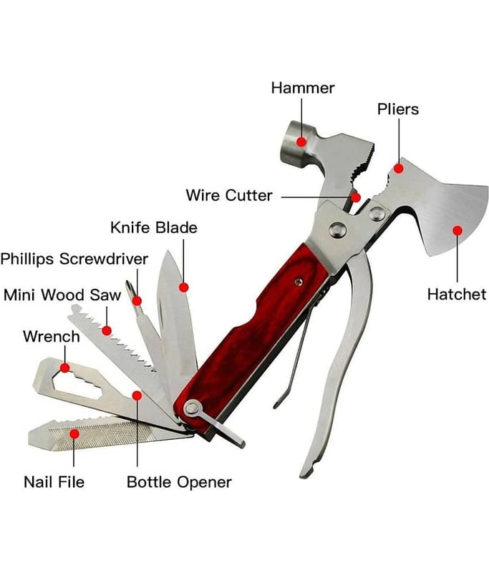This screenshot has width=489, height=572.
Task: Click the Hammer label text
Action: [x=302, y=88]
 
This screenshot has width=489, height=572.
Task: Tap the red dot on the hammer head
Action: [x=301, y=142]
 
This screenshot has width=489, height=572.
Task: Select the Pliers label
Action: [x=398, y=109]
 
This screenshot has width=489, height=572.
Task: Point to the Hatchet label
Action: [x=456, y=293]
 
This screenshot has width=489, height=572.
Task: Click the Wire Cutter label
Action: [x=228, y=195]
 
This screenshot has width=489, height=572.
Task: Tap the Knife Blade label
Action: [x=153, y=227]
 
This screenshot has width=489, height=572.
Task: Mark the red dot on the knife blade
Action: [x=183, y=287]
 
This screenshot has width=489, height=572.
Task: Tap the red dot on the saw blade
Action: [x=107, y=330]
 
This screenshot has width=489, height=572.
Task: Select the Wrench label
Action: [x=52, y=336]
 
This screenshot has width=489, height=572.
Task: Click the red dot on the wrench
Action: [x=65, y=368]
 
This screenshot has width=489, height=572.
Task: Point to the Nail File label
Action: [x=54, y=481]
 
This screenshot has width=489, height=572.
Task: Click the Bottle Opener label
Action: [x=179, y=481]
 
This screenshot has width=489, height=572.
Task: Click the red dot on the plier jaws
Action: [x=399, y=169]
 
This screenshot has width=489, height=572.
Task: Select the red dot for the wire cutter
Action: [x=355, y=195]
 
